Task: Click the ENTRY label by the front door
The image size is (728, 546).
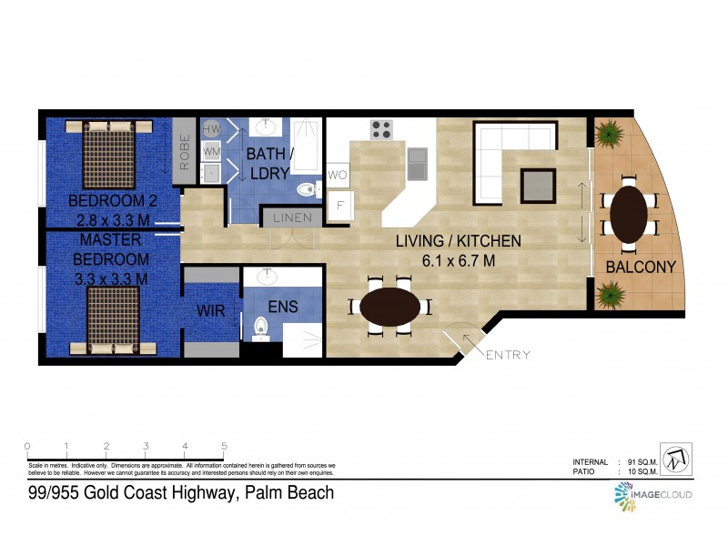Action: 508,355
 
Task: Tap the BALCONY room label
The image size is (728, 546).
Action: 642,267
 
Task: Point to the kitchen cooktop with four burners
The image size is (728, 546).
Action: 381,129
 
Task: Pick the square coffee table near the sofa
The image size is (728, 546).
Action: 537,186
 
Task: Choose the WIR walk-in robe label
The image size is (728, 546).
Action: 210,310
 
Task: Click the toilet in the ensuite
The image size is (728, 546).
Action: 260,326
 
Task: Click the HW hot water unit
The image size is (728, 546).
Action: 211,129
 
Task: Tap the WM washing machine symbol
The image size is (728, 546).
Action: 211,150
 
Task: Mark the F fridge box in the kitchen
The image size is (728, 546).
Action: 339,204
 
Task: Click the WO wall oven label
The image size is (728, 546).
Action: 338,174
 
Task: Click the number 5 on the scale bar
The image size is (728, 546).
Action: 224,446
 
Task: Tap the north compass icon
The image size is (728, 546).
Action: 675,459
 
